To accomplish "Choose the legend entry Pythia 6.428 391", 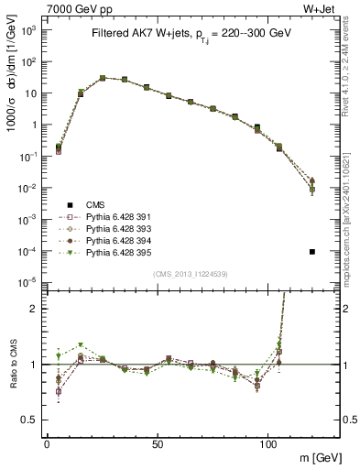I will (123, 218).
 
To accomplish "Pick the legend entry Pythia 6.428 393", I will (123, 229).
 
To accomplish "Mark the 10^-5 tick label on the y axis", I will (29, 281).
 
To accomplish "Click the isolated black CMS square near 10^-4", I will (312, 252).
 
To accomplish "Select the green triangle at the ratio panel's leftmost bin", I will (60, 355).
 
